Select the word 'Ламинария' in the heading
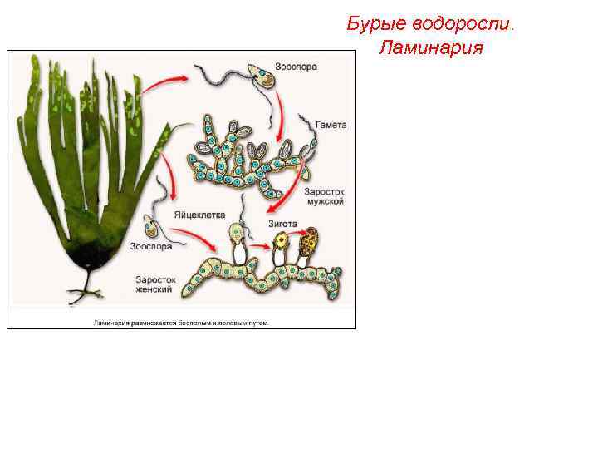pyautogui.click(x=430, y=47)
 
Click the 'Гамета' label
pyautogui.click(x=331, y=125)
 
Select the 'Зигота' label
pyautogui.click(x=282, y=223)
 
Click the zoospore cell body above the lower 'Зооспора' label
pyautogui.click(x=151, y=224)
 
